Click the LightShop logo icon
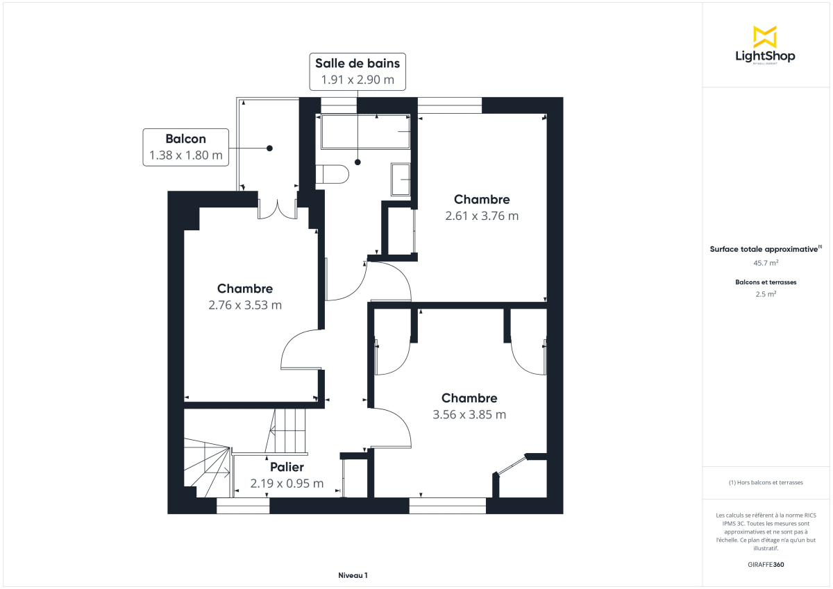[x=764, y=37]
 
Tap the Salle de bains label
[x=357, y=63]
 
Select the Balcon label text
[x=185, y=138]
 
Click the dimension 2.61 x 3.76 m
[x=482, y=216]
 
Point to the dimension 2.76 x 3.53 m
[x=245, y=305]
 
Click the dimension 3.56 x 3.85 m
[x=469, y=415]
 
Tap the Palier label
[x=287, y=467]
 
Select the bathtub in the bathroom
[x=364, y=131]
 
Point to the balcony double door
[x=277, y=209]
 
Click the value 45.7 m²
[x=766, y=263]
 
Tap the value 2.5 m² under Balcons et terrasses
[x=766, y=293]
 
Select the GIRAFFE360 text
[x=766, y=564]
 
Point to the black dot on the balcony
[x=269, y=148]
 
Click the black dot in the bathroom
[x=357, y=162]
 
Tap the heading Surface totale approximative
[x=764, y=248]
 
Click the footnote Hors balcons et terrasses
[x=766, y=482]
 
